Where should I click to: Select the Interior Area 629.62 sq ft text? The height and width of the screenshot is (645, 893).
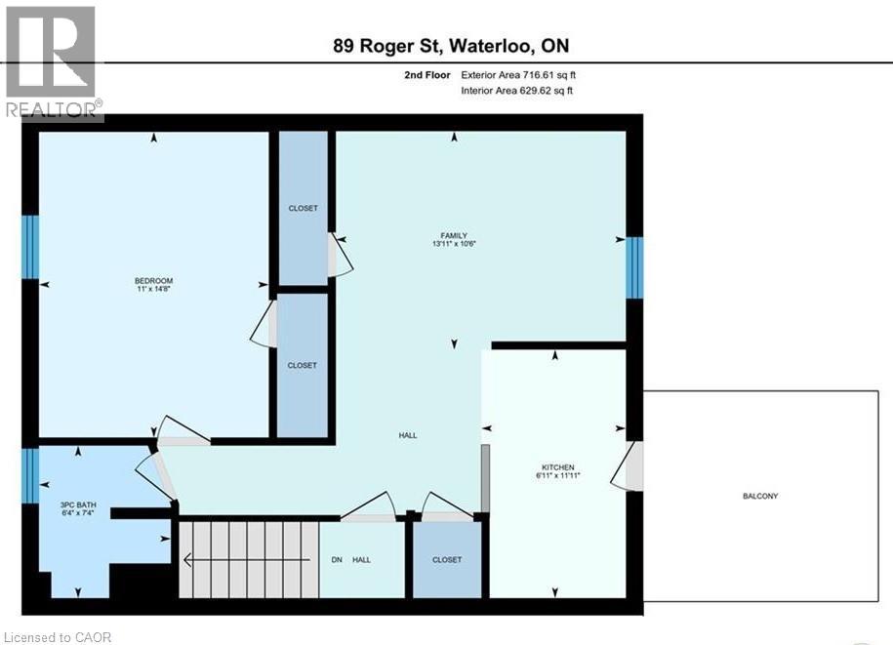coord(516,91)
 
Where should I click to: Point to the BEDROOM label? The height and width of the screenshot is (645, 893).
coord(153,282)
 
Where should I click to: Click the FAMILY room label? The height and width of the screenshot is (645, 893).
coord(453,235)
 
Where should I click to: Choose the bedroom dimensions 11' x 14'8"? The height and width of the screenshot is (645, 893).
coord(153,290)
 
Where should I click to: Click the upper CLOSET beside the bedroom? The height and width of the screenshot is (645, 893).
coord(303,208)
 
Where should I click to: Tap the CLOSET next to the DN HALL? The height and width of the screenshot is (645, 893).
coord(446,559)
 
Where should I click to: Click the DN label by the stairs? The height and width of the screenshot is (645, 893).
coord(338,559)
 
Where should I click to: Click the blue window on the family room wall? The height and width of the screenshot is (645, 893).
coord(634,267)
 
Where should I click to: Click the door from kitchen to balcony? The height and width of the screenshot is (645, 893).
coord(627,465)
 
